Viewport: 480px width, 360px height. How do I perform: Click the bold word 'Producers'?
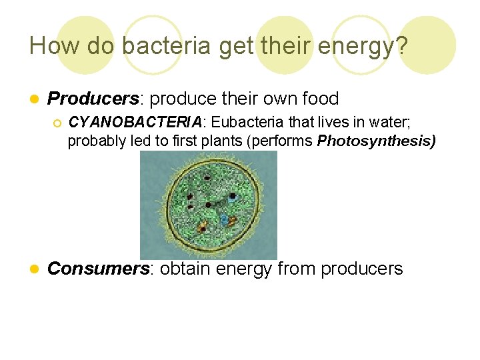(x=93, y=99)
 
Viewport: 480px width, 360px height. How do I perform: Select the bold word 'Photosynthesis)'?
(x=376, y=141)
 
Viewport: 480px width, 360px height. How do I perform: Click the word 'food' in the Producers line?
(x=319, y=99)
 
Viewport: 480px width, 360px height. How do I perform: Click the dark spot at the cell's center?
(x=209, y=205)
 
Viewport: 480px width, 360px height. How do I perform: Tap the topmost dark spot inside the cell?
(x=207, y=178)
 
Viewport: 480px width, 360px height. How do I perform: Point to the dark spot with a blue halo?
(x=232, y=197)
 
